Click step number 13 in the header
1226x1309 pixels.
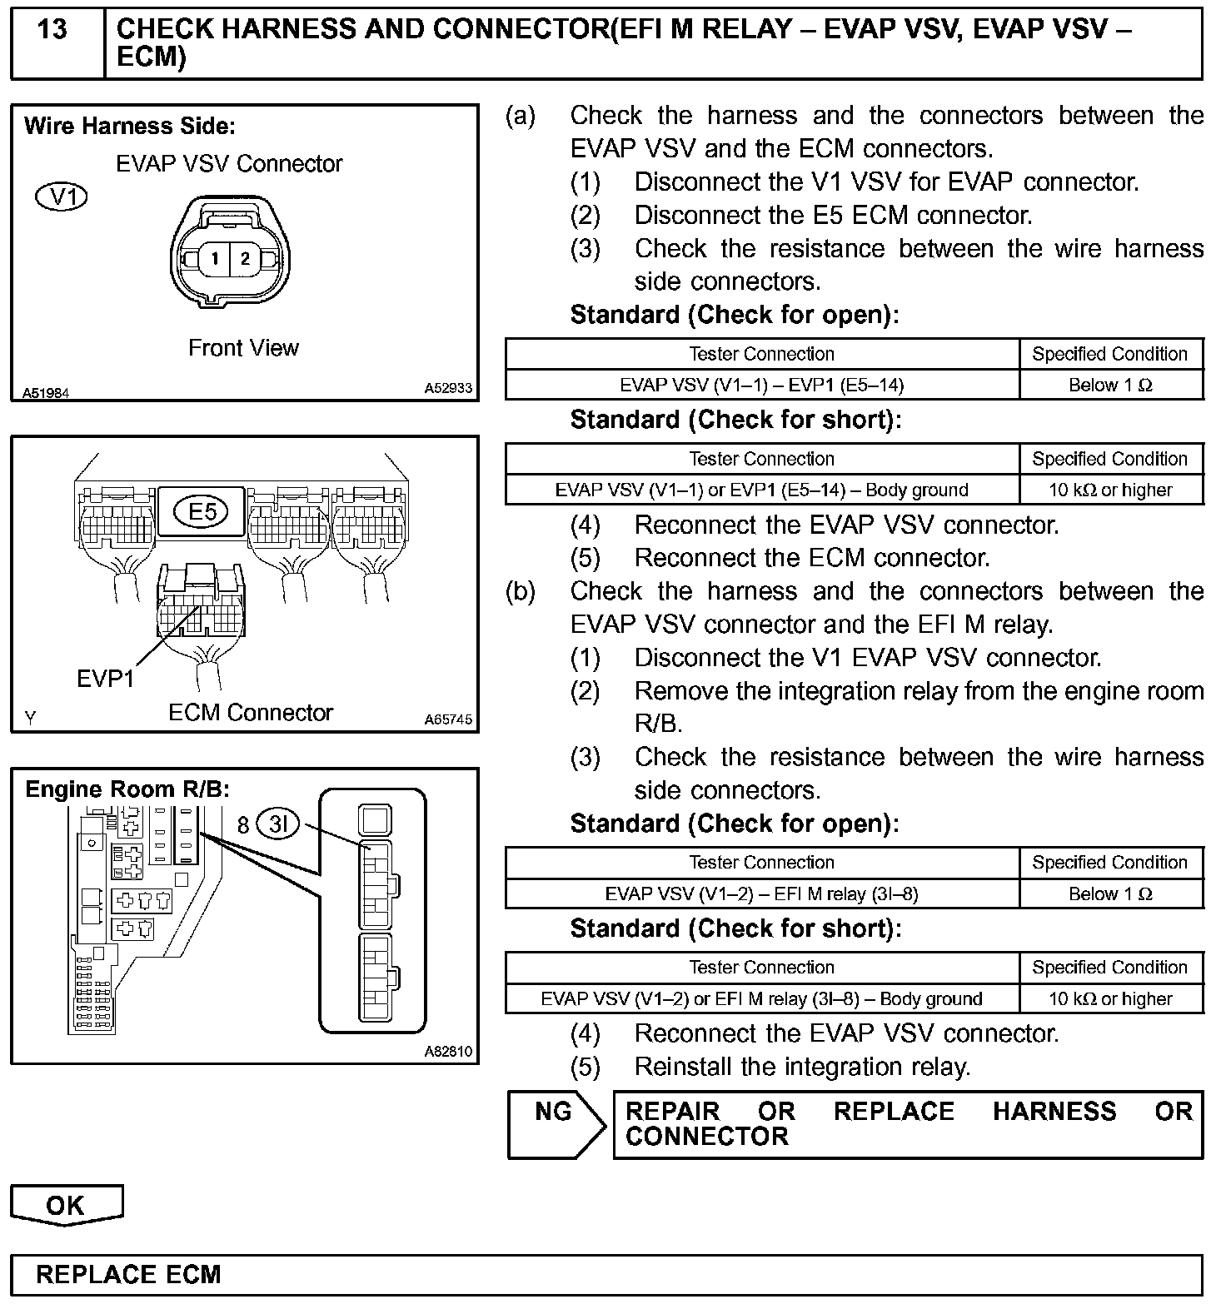tap(52, 30)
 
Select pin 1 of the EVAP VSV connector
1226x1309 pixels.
tap(214, 259)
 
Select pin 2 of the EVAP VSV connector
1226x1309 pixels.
tap(245, 259)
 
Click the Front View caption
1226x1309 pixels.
tap(243, 348)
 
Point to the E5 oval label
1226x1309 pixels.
tap(202, 511)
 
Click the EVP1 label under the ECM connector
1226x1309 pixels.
tap(105, 679)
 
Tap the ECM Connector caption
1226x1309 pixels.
tap(250, 713)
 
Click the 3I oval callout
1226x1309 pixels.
tap(277, 824)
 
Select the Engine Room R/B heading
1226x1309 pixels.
tap(127, 789)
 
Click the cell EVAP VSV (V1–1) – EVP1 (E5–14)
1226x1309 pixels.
tap(761, 385)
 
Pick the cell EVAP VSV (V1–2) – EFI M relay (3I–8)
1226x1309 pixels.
tap(761, 893)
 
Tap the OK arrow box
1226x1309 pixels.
tap(66, 1205)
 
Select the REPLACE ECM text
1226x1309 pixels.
tap(128, 1275)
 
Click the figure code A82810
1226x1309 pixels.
tap(448, 1052)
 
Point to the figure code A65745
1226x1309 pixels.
tap(448, 719)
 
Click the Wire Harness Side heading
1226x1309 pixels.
tap(130, 127)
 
